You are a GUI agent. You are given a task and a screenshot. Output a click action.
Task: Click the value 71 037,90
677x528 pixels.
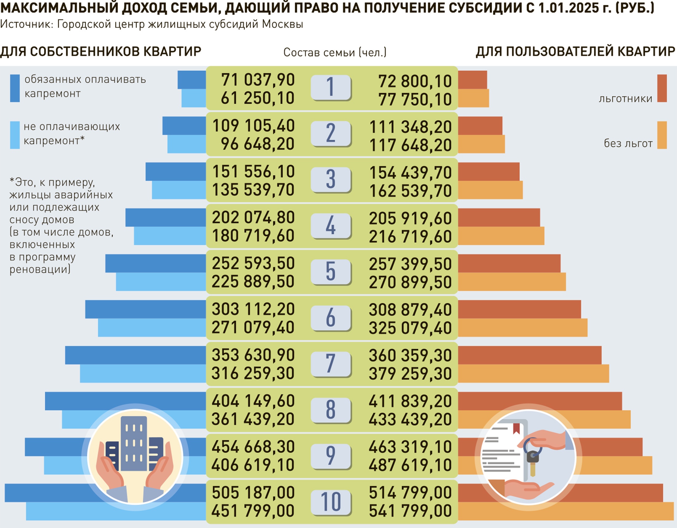pyautogui.click(x=258, y=80)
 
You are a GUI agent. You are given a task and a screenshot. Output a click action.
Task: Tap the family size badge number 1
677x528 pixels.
pyautogui.click(x=331, y=88)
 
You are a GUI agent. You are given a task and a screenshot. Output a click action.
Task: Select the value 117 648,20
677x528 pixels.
pyautogui.click(x=410, y=145)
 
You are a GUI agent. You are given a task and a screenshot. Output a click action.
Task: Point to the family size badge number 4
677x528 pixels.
pyautogui.click(x=331, y=225)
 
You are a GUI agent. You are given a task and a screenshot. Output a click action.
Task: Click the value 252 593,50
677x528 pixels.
pyautogui.click(x=253, y=263)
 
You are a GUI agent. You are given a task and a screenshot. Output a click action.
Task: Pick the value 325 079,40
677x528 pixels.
pyautogui.click(x=410, y=328)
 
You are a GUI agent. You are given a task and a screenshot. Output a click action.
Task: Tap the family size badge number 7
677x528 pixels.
pyautogui.click(x=331, y=363)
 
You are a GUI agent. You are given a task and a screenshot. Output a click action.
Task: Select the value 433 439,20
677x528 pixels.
pyautogui.click(x=410, y=419)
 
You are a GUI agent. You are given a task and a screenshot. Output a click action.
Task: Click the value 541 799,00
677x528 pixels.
pyautogui.click(x=410, y=511)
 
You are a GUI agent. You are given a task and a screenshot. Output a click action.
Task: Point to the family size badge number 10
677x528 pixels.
pyautogui.click(x=331, y=502)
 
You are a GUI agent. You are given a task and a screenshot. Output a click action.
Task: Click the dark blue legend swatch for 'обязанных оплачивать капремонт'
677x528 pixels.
pyautogui.click(x=15, y=88)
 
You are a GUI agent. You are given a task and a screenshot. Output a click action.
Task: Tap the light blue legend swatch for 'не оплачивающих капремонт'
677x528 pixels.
pyautogui.click(x=15, y=135)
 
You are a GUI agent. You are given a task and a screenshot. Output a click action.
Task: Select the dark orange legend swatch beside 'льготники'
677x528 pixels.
pyautogui.click(x=662, y=88)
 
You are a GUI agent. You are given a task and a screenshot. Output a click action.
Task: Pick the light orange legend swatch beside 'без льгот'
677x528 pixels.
pyautogui.click(x=662, y=135)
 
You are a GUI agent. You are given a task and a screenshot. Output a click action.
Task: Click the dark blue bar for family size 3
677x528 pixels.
pyautogui.click(x=175, y=172)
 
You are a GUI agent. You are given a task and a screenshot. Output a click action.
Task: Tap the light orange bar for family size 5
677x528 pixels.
pyautogui.click(x=512, y=282)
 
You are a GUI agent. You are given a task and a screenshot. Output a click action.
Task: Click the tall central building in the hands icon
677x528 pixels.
pyautogui.click(x=134, y=443)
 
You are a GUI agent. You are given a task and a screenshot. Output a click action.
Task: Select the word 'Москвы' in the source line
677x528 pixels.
pyautogui.click(x=282, y=24)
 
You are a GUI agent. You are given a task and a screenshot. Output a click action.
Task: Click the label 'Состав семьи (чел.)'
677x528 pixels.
pyautogui.click(x=335, y=52)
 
